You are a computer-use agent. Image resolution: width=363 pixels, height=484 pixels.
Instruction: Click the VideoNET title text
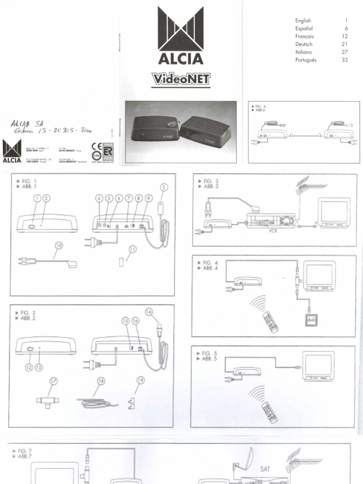click(181, 79)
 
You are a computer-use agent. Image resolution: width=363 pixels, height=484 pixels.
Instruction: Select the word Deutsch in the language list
click(304, 44)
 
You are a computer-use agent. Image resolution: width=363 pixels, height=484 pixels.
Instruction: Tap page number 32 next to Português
click(344, 60)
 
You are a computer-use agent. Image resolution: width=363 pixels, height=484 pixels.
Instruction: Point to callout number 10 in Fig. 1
click(59, 245)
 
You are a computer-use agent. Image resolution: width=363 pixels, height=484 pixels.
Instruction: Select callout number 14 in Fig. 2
click(149, 311)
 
